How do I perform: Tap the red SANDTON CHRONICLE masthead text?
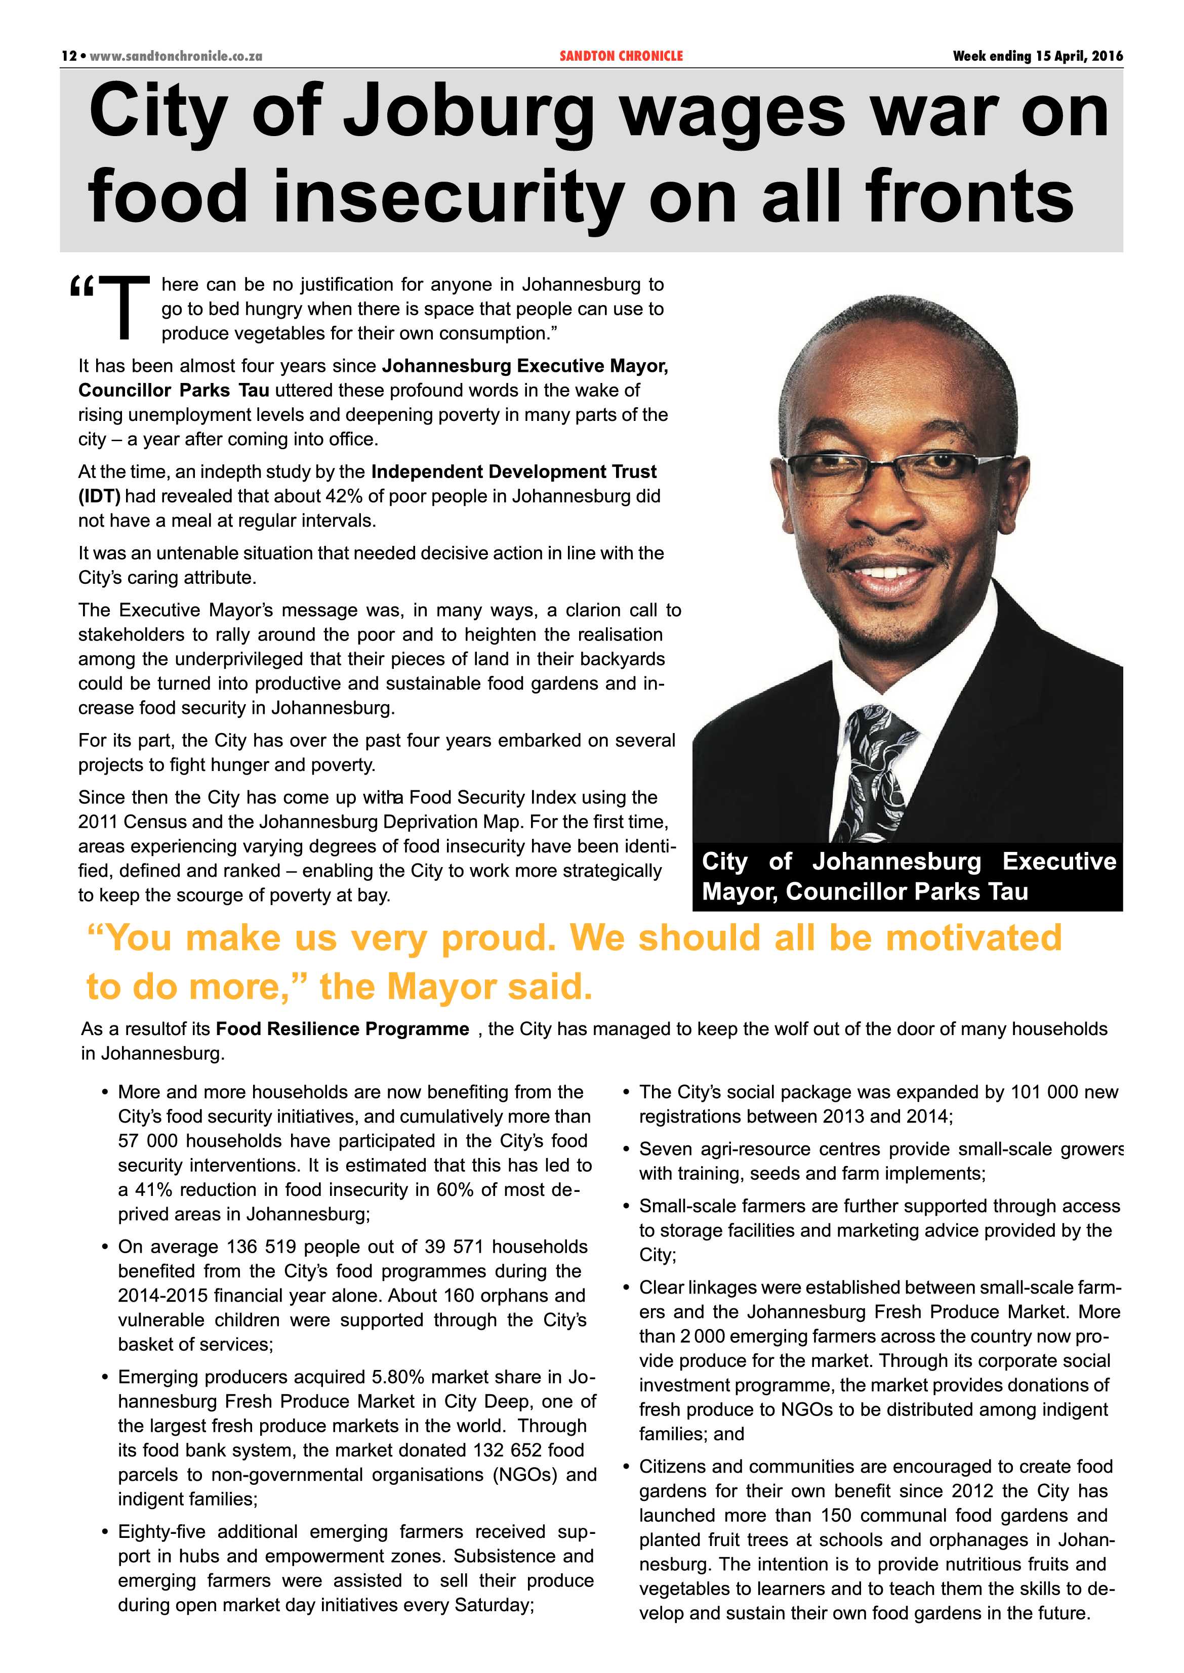pyautogui.click(x=621, y=56)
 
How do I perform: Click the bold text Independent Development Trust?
pyautogui.click(x=513, y=471)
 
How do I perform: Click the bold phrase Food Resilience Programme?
pyautogui.click(x=343, y=1029)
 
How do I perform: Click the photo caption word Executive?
pyautogui.click(x=1058, y=861)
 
